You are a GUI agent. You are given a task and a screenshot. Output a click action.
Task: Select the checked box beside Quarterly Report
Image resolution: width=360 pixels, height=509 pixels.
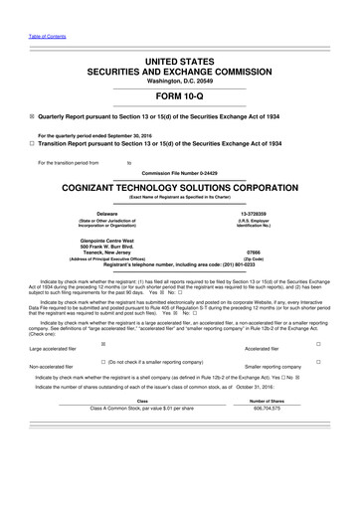tap(32, 128)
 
